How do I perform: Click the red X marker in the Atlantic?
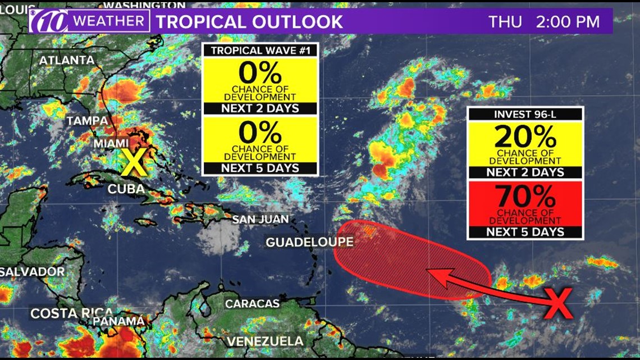pyautogui.click(x=558, y=303)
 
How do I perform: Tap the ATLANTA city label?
pyautogui.click(x=66, y=60)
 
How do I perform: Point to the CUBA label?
pyautogui.click(x=126, y=189)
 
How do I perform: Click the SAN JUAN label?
pyautogui.click(x=260, y=219)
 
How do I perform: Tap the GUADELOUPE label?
pyautogui.click(x=309, y=242)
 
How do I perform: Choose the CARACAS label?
pyautogui.click(x=252, y=303)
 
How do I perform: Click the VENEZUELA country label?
pyautogui.click(x=265, y=341)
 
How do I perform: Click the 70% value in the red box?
pyautogui.click(x=525, y=198)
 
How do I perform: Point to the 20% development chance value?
pyautogui.click(x=525, y=137)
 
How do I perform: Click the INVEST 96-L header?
pyautogui.click(x=525, y=115)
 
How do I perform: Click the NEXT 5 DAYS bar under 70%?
pyautogui.click(x=525, y=232)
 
